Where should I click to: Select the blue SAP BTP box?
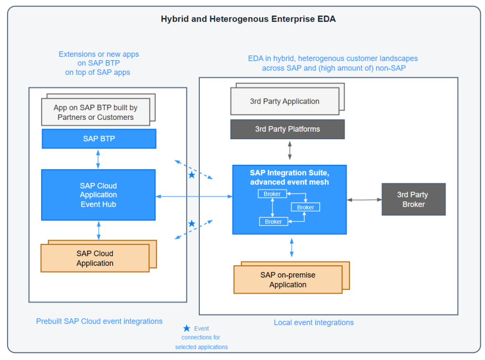pos(99,139)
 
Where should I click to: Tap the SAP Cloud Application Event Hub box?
pos(98,195)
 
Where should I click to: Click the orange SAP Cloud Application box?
pos(95,258)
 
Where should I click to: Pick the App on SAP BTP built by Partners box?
pos(95,112)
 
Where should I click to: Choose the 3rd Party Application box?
pos(284,101)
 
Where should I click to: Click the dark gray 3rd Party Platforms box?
pos(287,129)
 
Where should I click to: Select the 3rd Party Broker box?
pos(413,199)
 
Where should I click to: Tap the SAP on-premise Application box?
pos(287,279)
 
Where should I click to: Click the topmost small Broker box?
pos(272,194)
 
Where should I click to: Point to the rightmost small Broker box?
pos(305,207)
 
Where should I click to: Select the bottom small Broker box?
pos(273,221)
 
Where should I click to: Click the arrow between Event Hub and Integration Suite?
pos(194,196)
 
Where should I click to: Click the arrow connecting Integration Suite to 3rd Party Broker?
pos(364,200)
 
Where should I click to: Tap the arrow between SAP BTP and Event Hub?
pos(98,159)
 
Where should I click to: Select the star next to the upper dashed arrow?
pos(191,175)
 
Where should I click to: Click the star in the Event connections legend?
pos(187,328)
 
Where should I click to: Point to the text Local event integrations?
pos(314,323)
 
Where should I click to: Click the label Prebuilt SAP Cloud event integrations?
pos(99,321)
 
